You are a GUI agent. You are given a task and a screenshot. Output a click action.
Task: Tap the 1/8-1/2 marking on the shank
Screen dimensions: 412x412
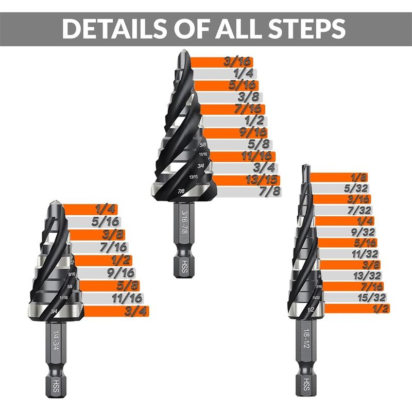point(306,337)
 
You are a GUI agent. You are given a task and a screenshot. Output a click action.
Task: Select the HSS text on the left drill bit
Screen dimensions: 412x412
point(55,384)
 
